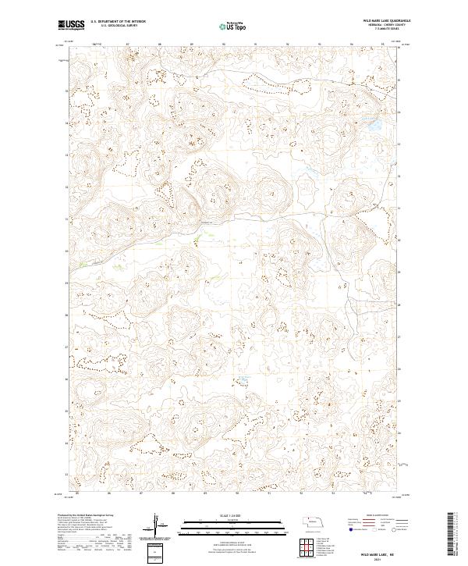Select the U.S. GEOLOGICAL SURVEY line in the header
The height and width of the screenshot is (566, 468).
(114, 26)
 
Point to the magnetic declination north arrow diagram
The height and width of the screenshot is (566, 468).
(157, 525)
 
